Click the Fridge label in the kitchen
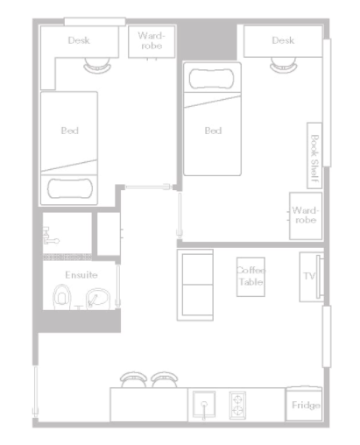click(x=306, y=405)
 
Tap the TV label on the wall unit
click(x=309, y=276)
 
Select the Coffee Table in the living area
click(x=251, y=277)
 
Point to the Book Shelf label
click(x=314, y=159)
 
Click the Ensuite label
click(x=81, y=275)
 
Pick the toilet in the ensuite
click(x=62, y=297)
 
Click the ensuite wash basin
click(x=98, y=299)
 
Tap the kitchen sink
click(x=204, y=405)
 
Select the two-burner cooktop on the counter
click(x=237, y=406)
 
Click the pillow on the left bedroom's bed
click(x=70, y=188)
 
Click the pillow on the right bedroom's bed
click(x=212, y=79)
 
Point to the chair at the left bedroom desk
click(x=97, y=66)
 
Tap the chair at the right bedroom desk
click(x=284, y=65)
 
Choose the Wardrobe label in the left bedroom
click(x=152, y=40)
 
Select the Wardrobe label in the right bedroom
click(x=306, y=215)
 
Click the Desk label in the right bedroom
click(x=283, y=40)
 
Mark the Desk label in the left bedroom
click(x=79, y=40)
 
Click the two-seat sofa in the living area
click(x=195, y=285)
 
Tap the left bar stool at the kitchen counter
click(x=134, y=379)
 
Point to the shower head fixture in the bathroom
click(x=52, y=237)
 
